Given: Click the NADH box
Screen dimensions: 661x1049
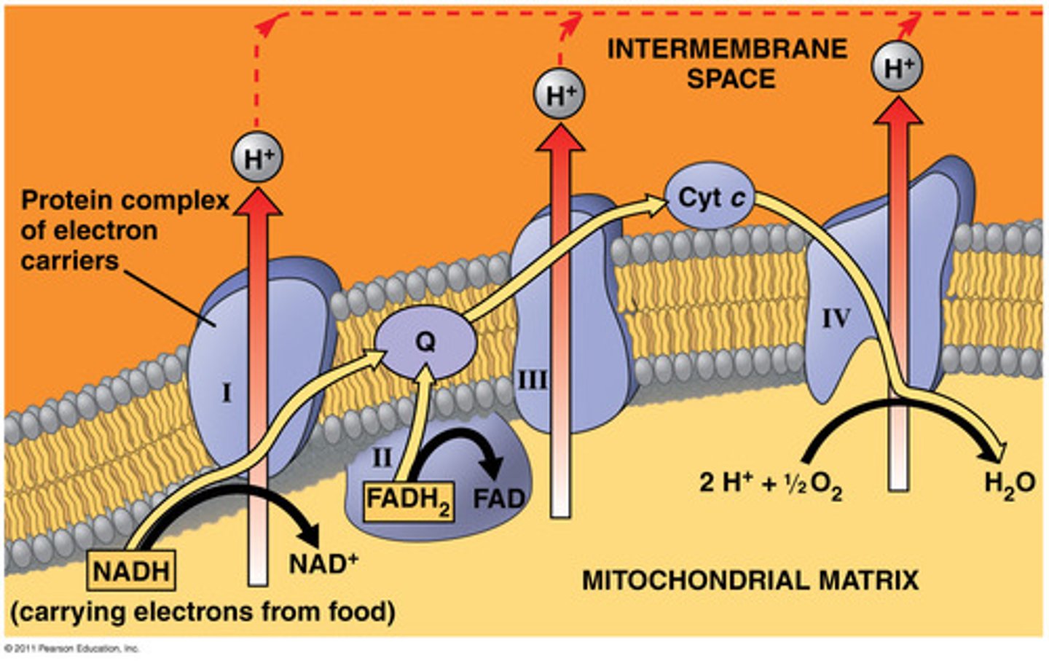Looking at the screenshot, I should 131,571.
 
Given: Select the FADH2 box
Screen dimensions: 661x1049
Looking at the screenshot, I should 409,501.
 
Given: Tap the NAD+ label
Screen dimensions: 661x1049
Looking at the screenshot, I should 323,563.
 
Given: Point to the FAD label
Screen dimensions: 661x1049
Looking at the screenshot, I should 499,499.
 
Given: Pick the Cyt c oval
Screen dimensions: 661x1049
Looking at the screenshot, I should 711,197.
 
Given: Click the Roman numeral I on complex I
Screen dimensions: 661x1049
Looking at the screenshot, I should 227,394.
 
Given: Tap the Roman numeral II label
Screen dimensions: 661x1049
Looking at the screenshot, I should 382,458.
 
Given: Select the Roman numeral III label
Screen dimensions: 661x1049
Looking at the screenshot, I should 533,380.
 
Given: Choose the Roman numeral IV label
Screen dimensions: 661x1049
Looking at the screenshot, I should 836,318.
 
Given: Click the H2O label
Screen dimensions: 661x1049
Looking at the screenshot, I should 1009,483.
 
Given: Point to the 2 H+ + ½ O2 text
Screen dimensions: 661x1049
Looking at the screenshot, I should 770,483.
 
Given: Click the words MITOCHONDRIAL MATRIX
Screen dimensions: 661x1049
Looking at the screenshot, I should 750,581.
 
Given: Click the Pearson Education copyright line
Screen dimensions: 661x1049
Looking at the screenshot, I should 71,648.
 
